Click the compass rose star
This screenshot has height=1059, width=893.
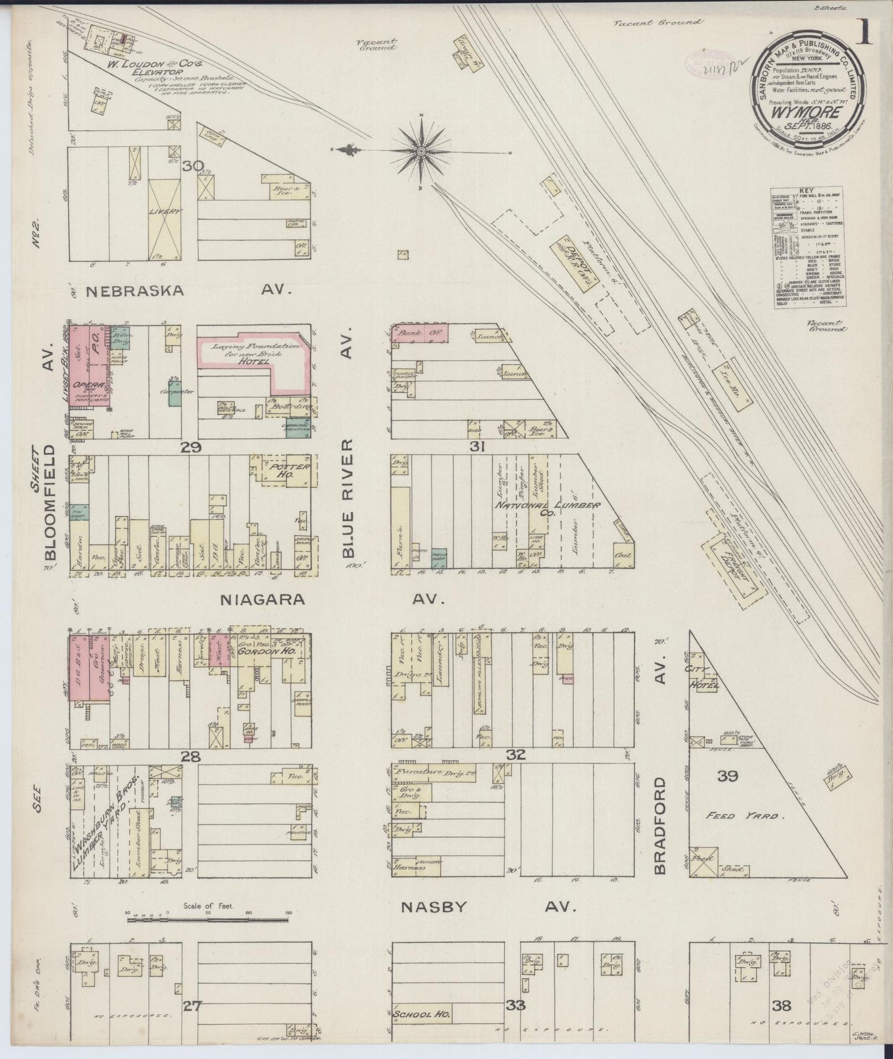421,150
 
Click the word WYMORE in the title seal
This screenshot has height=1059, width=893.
803,113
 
